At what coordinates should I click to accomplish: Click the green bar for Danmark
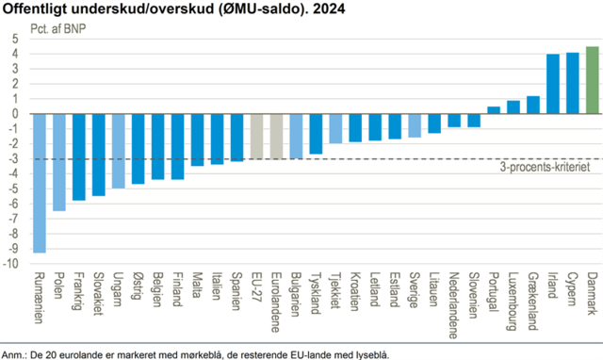593,80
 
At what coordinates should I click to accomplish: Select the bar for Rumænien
40,183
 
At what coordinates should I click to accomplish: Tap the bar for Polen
58,162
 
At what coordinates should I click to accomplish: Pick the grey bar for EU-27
256,136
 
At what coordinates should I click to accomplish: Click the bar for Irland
553,84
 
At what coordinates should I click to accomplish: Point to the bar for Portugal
494,110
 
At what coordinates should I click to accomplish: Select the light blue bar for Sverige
415,125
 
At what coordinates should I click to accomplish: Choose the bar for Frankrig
79,157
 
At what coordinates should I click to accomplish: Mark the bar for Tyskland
316,134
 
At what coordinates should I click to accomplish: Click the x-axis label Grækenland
533,302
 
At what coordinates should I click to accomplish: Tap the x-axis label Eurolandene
276,303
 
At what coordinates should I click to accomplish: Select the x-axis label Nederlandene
454,305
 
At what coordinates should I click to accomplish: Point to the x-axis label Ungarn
118,289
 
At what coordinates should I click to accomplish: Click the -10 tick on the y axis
10,264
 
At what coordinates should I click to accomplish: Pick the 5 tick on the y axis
15,39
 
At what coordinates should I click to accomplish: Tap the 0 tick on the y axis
15,114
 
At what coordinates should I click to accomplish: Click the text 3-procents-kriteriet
545,167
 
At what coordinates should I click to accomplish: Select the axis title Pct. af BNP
58,29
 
